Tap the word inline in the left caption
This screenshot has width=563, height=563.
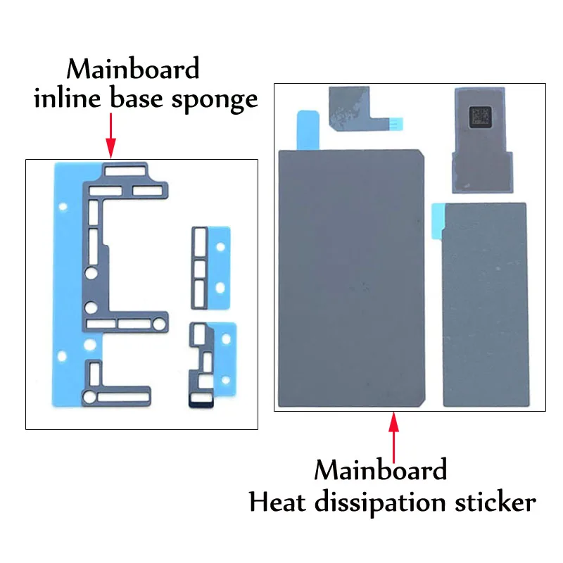tap(67, 97)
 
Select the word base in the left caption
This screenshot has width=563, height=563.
tap(136, 97)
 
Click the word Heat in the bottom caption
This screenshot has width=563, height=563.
tap(277, 502)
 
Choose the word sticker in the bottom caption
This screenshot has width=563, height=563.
tap(495, 502)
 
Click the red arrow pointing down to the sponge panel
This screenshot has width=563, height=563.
tap(111, 136)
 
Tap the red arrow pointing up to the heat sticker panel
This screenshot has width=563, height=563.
tap(394, 437)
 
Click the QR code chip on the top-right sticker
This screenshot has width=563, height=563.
tap(480, 117)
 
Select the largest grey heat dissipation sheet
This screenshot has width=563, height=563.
tap(351, 278)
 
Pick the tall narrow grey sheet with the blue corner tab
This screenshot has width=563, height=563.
tap(485, 305)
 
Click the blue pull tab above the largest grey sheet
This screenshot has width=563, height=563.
tap(308, 130)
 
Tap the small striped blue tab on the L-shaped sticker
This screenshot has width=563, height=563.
tap(396, 124)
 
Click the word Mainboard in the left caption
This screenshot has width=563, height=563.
tap(133, 68)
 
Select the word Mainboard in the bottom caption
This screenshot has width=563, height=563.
tap(381, 469)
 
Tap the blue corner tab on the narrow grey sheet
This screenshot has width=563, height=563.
tap(437, 220)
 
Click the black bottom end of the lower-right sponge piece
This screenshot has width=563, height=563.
tap(201, 403)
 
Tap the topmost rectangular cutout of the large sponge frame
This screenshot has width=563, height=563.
tap(125, 171)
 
